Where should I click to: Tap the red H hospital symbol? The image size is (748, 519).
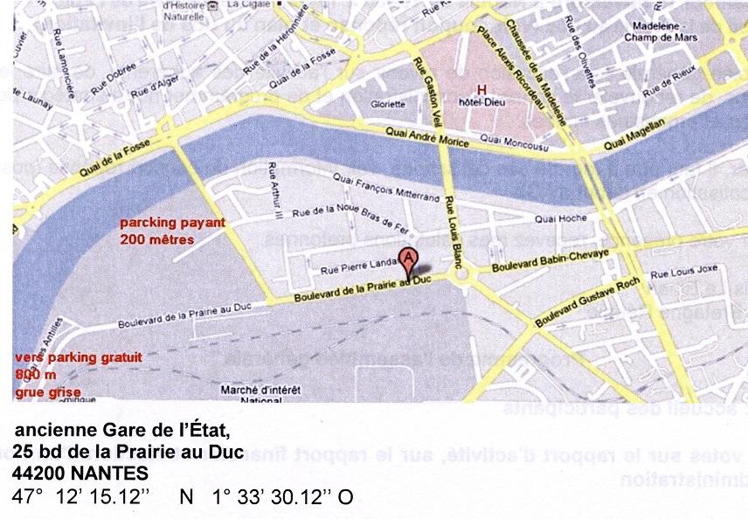(x=480, y=90)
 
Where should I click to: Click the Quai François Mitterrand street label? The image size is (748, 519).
(x=384, y=186)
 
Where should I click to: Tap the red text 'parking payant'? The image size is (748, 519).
(x=173, y=223)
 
